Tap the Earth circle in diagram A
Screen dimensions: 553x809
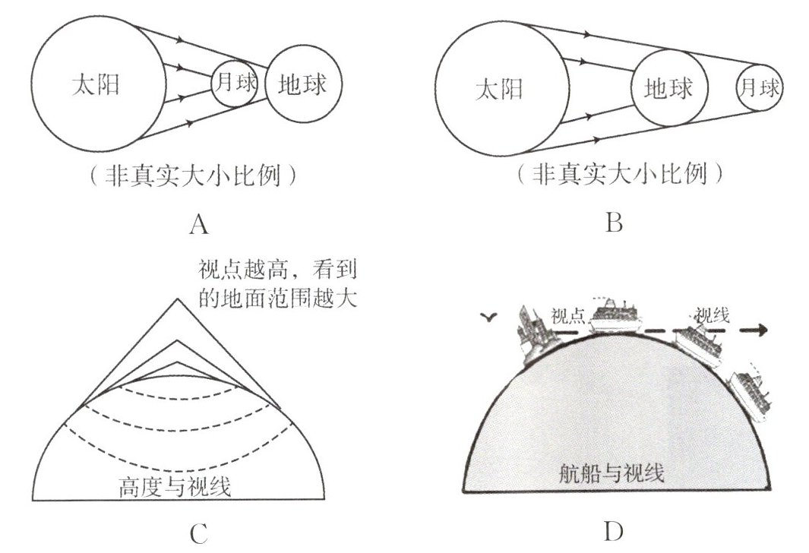tap(304, 84)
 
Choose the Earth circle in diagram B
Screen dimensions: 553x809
tap(668, 89)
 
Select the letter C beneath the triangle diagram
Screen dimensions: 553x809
tap(199, 535)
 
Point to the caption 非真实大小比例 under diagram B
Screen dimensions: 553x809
tap(615, 175)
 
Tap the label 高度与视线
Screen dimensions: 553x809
tap(175, 485)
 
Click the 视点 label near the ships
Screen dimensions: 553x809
tap(567, 317)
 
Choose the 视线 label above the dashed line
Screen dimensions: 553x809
tap(712, 314)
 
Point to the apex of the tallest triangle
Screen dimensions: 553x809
tap(177, 299)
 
